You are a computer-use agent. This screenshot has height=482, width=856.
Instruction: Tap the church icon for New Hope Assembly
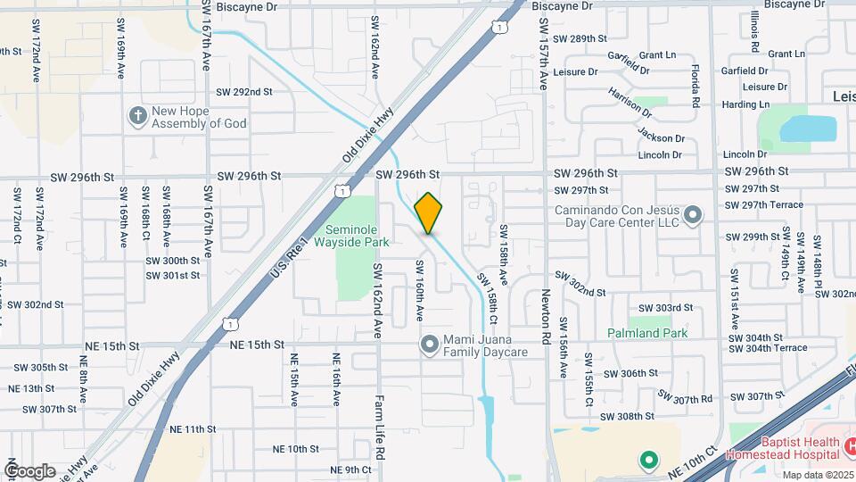(137, 115)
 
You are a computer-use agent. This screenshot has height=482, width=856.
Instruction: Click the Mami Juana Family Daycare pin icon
(429, 344)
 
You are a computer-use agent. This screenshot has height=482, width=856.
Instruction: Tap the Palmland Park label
(647, 333)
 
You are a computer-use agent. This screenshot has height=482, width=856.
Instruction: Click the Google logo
(29, 470)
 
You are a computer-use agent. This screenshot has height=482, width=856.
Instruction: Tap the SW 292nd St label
(243, 92)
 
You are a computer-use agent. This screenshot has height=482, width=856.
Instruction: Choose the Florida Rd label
(692, 85)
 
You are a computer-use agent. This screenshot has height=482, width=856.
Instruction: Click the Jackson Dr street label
(661, 135)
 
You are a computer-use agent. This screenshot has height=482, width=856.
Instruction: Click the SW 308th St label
(629, 416)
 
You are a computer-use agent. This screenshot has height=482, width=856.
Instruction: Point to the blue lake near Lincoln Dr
(809, 129)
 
